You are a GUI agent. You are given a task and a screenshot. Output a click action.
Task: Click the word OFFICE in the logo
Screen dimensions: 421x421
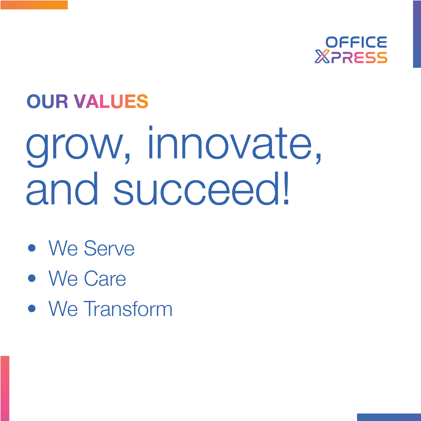click(x=356, y=42)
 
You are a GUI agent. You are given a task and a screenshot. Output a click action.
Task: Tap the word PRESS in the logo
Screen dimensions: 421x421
click(x=359, y=58)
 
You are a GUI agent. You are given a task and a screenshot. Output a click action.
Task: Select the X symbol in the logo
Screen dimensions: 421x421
click(x=322, y=57)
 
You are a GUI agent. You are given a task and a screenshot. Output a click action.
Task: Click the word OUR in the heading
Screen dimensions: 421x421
click(x=47, y=101)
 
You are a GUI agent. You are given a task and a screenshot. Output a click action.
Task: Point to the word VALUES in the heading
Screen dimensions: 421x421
click(x=111, y=101)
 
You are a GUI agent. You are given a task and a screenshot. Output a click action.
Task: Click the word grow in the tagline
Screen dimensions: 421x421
click(x=75, y=147)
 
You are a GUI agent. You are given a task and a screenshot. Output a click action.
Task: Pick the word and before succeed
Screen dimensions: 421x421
click(x=62, y=188)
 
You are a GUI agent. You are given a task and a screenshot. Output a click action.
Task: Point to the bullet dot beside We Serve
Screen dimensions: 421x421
click(x=32, y=248)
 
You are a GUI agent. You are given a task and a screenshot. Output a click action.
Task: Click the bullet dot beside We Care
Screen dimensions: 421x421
click(x=32, y=278)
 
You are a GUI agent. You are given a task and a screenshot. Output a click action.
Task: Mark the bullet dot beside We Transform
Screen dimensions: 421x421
click(x=32, y=308)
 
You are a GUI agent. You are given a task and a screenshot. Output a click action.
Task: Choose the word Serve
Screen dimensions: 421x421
click(x=109, y=248)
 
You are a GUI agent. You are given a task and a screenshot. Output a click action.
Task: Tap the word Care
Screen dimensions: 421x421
click(x=105, y=278)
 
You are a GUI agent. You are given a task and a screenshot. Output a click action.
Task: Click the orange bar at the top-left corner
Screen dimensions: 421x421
click(x=34, y=5)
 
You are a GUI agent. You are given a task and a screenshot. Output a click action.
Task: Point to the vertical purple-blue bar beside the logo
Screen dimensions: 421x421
click(x=417, y=34)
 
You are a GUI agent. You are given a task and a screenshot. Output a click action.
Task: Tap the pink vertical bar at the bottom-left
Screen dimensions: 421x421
click(x=5, y=388)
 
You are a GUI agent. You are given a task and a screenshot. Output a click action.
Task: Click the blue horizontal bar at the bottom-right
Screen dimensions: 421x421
click(x=389, y=417)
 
